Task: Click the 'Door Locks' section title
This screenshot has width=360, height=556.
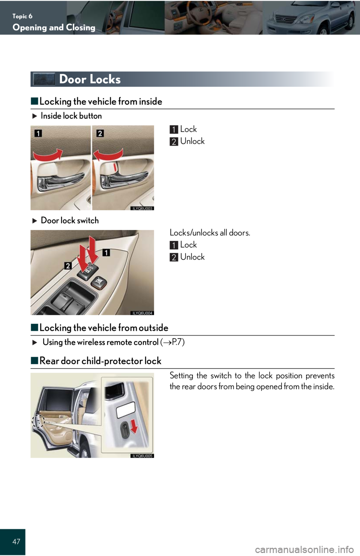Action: (x=90, y=79)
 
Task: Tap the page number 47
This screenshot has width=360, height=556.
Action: (x=16, y=541)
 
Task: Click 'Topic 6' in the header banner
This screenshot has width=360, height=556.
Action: (x=22, y=16)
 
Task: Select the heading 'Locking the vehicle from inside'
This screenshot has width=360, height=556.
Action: (x=100, y=102)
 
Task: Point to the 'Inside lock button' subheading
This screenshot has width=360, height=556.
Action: (x=71, y=116)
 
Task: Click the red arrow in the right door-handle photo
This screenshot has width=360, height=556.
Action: (x=108, y=154)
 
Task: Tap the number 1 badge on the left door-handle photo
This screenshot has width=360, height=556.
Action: (x=38, y=133)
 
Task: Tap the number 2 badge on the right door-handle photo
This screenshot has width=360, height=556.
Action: (x=100, y=133)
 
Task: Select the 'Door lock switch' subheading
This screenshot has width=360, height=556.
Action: (x=70, y=220)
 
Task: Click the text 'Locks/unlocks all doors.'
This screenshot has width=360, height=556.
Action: (x=210, y=233)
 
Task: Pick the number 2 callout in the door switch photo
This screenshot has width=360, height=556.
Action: (x=68, y=266)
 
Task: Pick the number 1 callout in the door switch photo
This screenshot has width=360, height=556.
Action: (x=106, y=253)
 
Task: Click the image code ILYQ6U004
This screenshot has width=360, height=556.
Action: (x=142, y=313)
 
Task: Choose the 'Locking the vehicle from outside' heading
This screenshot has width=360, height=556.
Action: (x=104, y=328)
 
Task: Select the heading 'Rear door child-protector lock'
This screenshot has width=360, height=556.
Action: (x=100, y=361)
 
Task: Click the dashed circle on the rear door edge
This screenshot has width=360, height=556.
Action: (x=38, y=421)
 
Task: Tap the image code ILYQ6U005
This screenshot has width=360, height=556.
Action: (x=142, y=456)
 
